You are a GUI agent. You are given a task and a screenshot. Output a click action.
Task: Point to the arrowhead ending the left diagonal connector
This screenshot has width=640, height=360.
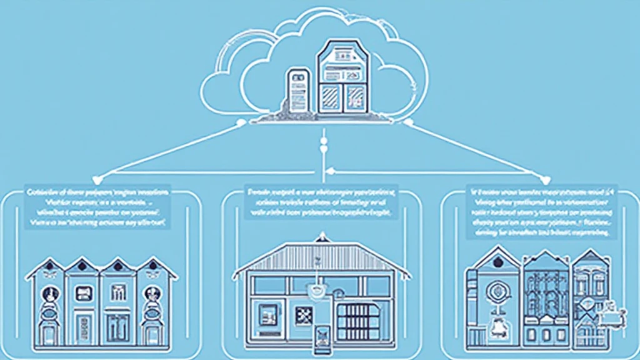(105, 176)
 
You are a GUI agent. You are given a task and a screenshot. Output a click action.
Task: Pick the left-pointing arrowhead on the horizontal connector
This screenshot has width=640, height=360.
(332, 171)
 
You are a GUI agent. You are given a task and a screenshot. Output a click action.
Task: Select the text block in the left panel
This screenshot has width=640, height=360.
(99, 207)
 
